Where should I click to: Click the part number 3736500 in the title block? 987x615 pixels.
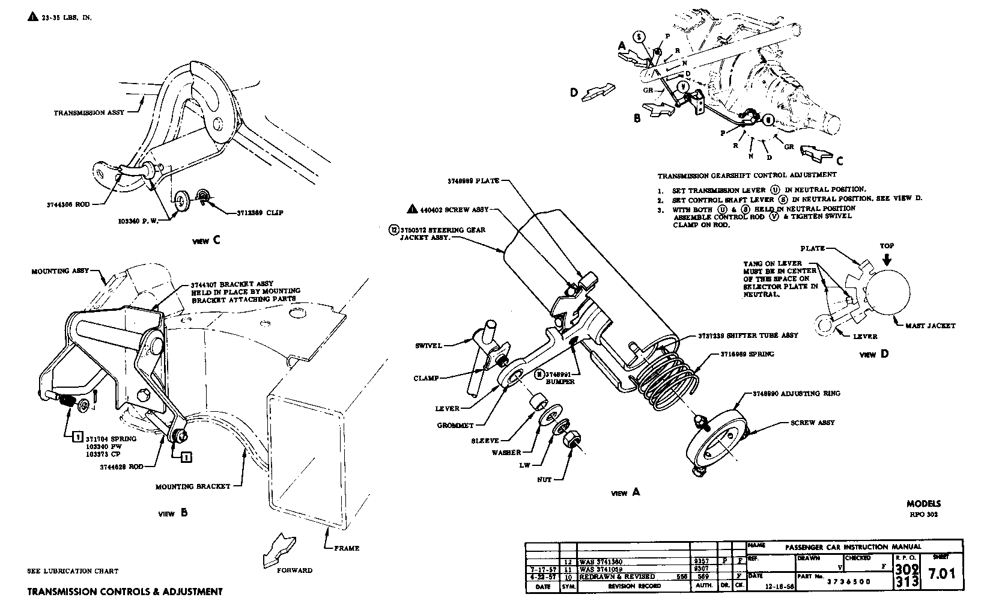tap(849, 582)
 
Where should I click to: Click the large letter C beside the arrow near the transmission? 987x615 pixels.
tap(840, 161)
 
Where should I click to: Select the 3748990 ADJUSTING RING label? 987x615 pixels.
tap(796, 394)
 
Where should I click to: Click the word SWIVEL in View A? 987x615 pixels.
tap(428, 346)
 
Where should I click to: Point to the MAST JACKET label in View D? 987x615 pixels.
tap(930, 326)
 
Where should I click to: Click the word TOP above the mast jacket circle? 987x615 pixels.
tap(887, 246)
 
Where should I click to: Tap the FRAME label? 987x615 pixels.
tap(347, 548)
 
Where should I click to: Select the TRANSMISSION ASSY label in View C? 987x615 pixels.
tap(89, 112)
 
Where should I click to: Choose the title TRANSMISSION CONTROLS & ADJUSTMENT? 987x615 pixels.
tap(125, 592)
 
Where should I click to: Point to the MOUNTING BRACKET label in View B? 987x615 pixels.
tap(193, 486)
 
